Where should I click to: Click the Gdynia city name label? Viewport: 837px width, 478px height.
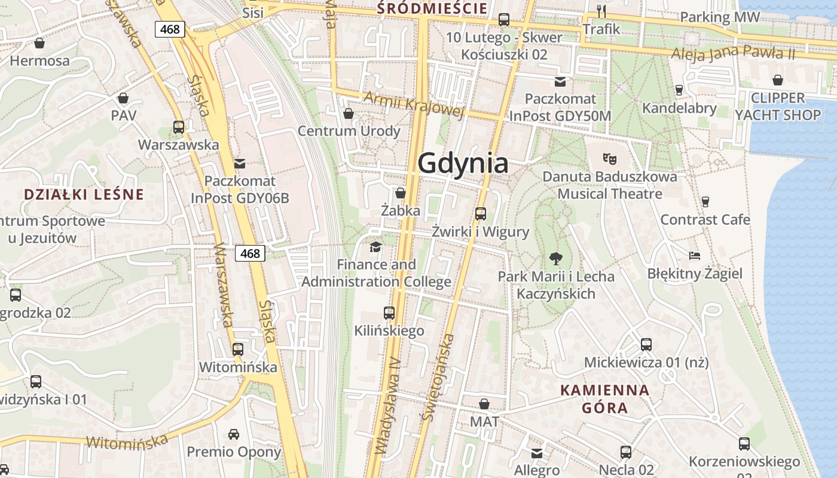tap(463, 163)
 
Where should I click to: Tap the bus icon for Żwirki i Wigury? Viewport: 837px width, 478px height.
tap(481, 213)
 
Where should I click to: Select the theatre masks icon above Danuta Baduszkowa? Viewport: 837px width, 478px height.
tap(609, 158)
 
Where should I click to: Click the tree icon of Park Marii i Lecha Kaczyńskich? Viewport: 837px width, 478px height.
tap(556, 259)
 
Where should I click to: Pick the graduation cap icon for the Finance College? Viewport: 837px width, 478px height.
tap(376, 247)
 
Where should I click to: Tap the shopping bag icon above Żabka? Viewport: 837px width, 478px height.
tap(401, 193)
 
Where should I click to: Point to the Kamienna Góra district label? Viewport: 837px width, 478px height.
tap(604, 399)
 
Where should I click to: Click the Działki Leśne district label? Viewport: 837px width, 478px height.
tap(84, 194)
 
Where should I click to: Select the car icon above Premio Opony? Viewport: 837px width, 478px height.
tap(234, 434)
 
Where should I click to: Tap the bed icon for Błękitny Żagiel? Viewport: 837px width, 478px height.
tap(694, 256)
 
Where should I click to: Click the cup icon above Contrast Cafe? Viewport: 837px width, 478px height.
tap(705, 201)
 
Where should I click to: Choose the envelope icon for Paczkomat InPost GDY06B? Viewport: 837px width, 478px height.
tap(240, 163)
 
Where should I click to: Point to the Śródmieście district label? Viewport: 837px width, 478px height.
tap(432, 8)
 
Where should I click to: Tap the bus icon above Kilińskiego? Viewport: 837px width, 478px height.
tap(389, 312)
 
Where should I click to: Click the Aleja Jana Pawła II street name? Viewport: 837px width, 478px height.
tap(733, 53)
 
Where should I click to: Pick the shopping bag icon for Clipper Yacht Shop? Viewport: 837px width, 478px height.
tap(778, 80)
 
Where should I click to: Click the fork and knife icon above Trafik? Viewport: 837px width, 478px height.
tap(601, 11)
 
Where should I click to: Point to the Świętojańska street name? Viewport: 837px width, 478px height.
tap(438, 378)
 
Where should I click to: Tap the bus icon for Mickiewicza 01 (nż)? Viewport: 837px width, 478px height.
tap(646, 344)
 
